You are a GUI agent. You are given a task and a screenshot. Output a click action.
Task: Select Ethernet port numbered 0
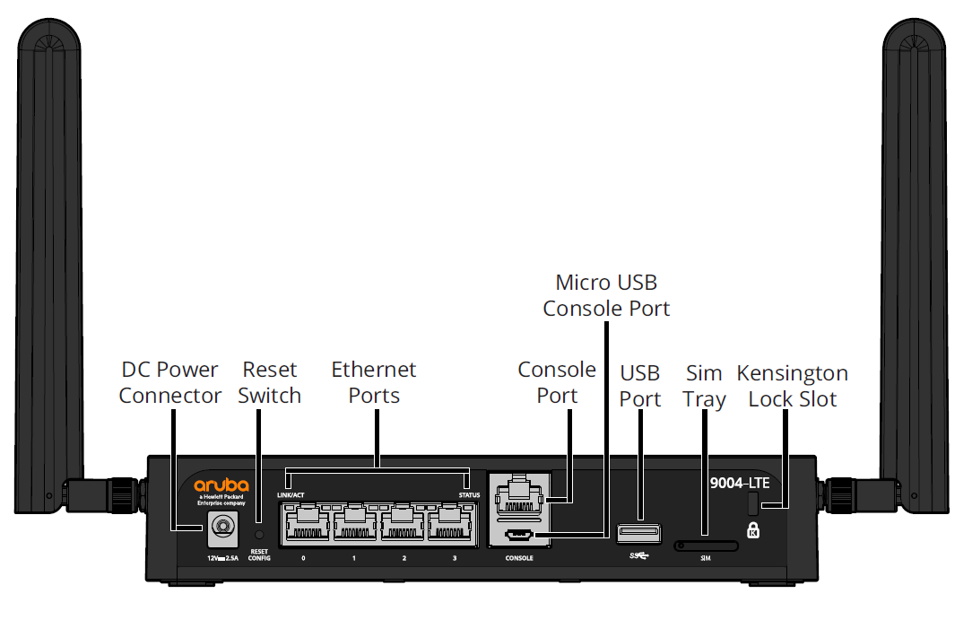304,524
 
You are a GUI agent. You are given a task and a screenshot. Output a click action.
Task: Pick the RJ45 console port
517,495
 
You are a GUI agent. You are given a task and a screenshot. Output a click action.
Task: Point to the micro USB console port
519,536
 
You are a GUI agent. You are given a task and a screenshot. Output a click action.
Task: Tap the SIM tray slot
706,544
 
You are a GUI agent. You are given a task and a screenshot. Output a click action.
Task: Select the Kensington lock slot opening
754,503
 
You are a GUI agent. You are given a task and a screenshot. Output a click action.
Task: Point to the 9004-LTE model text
739,483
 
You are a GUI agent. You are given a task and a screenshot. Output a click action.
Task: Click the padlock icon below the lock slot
753,530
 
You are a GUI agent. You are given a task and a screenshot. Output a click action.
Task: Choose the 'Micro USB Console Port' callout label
606,296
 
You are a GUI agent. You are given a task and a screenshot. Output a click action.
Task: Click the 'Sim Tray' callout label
704,386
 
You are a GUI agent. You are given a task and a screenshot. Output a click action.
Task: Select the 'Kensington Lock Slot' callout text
792,386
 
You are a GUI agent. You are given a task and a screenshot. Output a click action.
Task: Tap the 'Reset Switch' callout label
269,382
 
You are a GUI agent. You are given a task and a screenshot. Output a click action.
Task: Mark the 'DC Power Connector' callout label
169,382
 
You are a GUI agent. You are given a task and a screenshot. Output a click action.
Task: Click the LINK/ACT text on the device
291,494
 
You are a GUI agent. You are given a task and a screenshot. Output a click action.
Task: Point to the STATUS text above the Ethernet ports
468,494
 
